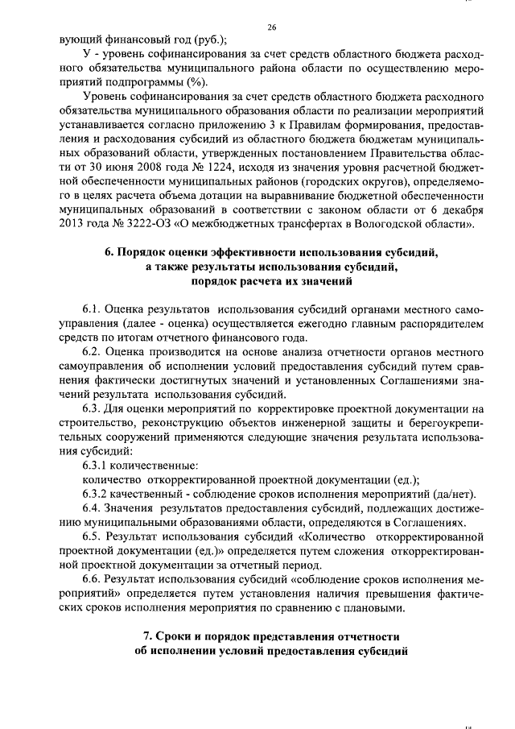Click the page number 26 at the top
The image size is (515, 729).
pos(271,27)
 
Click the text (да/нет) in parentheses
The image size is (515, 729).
pos(456,492)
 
